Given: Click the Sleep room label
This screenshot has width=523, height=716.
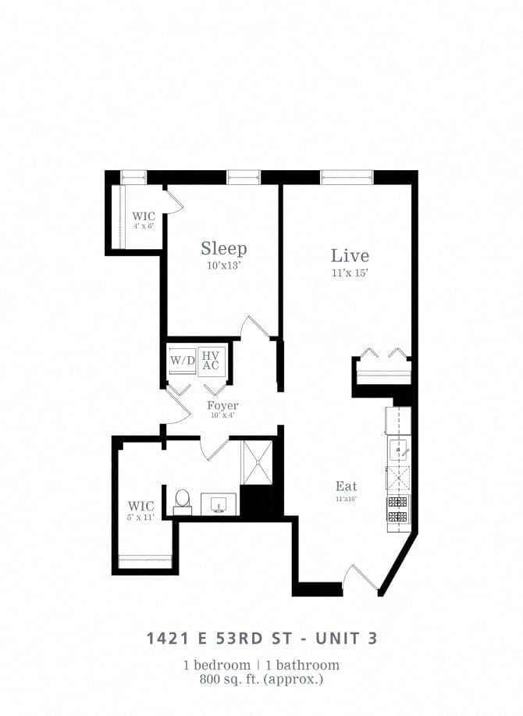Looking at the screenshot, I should pyautogui.click(x=224, y=248).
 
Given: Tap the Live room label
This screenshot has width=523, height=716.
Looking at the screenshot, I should pyautogui.click(x=350, y=255).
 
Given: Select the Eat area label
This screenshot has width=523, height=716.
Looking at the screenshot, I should pyautogui.click(x=346, y=486).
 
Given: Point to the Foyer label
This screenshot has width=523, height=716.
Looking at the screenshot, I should pyautogui.click(x=222, y=406).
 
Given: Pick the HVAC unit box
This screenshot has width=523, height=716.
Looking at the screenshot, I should pyautogui.click(x=211, y=361).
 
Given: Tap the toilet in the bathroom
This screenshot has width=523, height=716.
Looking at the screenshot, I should pyautogui.click(x=183, y=500).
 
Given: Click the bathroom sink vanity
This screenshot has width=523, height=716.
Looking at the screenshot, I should pyautogui.click(x=219, y=504).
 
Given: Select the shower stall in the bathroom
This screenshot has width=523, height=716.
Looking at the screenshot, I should pyautogui.click(x=257, y=462).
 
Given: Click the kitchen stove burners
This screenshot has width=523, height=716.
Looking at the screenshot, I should pyautogui.click(x=398, y=509).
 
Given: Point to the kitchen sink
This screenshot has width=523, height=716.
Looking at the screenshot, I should pyautogui.click(x=399, y=450).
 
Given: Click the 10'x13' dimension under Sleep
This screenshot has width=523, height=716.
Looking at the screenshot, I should pyautogui.click(x=224, y=266).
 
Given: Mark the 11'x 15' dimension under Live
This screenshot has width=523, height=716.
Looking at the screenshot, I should pyautogui.click(x=350, y=273).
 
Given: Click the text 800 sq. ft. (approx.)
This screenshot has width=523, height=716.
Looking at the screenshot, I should pyautogui.click(x=261, y=679).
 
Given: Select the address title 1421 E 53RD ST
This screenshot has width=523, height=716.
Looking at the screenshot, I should pyautogui.click(x=226, y=638).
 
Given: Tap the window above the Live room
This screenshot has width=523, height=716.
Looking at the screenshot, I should pyautogui.click(x=347, y=177).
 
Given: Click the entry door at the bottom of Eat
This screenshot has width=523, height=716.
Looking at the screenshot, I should pyautogui.click(x=361, y=579).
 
